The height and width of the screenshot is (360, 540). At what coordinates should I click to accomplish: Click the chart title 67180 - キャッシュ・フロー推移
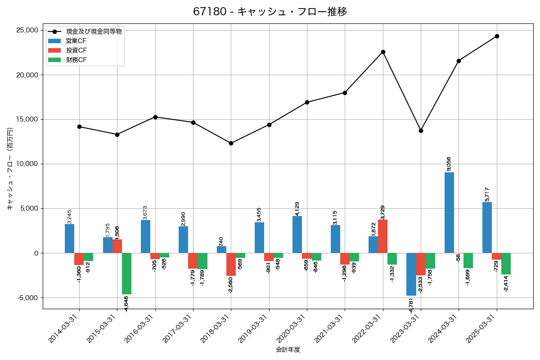point(270,12)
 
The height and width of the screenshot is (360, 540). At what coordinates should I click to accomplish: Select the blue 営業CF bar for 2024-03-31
point(449,212)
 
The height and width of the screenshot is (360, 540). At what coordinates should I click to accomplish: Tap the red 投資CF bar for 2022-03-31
point(382,236)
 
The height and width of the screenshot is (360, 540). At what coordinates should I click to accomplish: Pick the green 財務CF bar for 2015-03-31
point(126,274)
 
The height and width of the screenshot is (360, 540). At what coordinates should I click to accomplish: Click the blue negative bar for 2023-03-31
point(411,274)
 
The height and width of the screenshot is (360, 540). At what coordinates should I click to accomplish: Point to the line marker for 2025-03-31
point(497,36)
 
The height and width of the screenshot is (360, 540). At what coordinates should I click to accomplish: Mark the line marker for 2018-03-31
point(231,143)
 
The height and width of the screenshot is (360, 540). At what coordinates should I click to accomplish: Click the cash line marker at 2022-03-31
point(383,52)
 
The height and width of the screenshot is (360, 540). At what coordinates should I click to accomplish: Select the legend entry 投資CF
point(76,50)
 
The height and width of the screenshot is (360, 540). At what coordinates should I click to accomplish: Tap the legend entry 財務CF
point(76,60)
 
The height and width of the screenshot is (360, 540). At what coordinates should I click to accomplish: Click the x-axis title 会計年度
point(288,350)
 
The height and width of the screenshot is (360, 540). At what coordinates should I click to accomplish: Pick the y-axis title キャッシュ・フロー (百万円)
point(10,169)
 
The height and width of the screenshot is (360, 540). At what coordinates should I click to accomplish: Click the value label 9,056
point(449,163)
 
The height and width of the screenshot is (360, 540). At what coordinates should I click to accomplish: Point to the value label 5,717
point(487,194)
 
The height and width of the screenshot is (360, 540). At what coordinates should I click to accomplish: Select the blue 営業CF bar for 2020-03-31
point(297,234)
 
